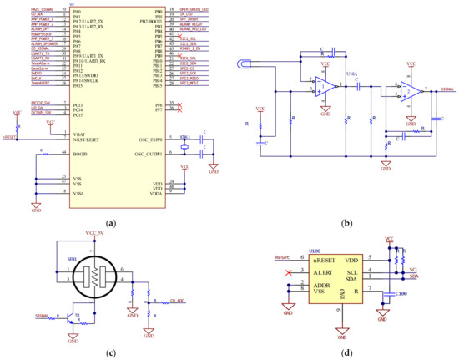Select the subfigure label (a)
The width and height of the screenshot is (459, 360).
[113, 223]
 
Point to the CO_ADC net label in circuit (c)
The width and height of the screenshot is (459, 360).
[177, 300]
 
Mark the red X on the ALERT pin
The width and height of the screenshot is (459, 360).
[289, 271]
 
